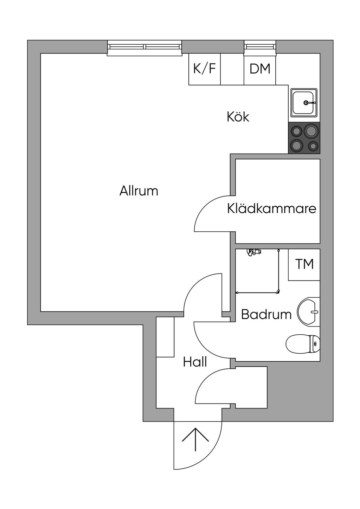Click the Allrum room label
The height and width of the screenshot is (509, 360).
click(x=139, y=191)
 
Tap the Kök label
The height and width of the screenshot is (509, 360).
click(x=238, y=117)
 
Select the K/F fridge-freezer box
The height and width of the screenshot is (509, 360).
click(x=205, y=69)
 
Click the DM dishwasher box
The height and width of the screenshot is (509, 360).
click(x=260, y=69)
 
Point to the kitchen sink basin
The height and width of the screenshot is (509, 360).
click(x=304, y=103)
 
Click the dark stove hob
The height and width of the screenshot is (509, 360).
click(x=304, y=138)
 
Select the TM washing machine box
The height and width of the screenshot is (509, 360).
click(x=304, y=264)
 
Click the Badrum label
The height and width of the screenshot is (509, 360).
click(x=266, y=315)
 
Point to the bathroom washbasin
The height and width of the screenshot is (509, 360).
click(x=308, y=311)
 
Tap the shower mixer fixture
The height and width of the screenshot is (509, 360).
click(x=254, y=252)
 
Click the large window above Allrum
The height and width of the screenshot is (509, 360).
click(x=144, y=48)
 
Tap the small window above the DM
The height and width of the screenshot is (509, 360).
click(x=260, y=48)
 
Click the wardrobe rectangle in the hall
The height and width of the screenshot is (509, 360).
click(x=165, y=337)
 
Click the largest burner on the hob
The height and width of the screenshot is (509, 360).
click(x=310, y=131)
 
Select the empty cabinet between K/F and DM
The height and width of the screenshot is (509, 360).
click(x=232, y=69)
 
